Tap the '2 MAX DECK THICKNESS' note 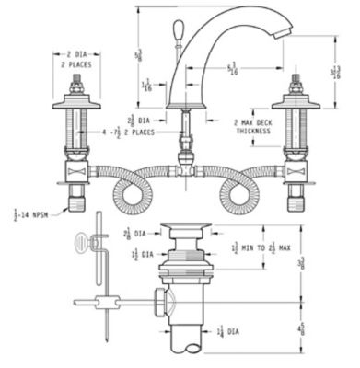(x=253, y=126)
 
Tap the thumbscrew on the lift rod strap (x=89, y=242)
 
